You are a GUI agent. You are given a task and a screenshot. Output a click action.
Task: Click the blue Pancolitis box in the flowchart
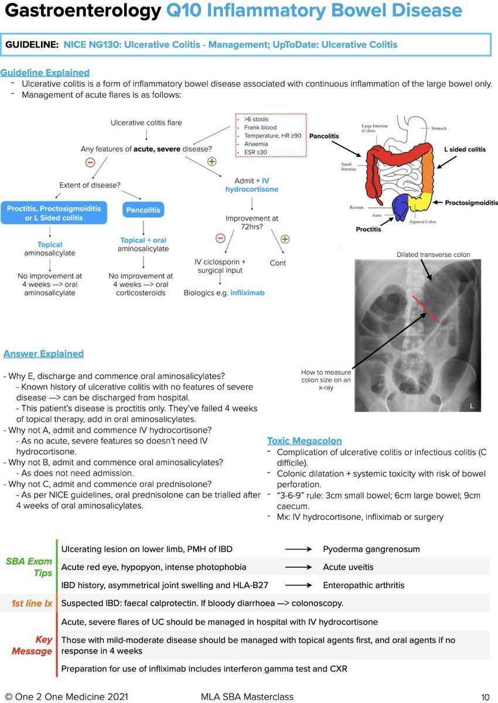[x=144, y=210]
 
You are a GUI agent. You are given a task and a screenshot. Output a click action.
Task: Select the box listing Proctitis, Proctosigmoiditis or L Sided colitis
[x=54, y=213]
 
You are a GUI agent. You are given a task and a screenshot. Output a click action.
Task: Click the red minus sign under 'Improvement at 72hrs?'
[x=220, y=238]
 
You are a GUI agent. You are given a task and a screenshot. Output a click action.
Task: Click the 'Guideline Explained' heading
[x=45, y=73]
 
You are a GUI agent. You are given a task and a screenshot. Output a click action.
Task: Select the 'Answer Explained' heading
[x=43, y=354]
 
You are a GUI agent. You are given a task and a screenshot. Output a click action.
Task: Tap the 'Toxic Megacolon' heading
[x=304, y=441]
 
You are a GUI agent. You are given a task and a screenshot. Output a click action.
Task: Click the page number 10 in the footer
[x=485, y=697]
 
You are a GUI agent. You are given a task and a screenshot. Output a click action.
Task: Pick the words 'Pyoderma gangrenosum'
[x=371, y=549]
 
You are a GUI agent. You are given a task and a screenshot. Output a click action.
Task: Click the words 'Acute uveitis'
[x=348, y=567]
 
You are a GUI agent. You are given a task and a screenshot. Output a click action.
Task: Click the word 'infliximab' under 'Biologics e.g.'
[x=247, y=292]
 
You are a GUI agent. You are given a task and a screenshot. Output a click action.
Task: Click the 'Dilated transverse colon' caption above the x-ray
[x=433, y=255]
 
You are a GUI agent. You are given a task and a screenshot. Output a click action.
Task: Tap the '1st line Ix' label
[x=32, y=603]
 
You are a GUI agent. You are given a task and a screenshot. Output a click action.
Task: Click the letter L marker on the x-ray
[x=472, y=405]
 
